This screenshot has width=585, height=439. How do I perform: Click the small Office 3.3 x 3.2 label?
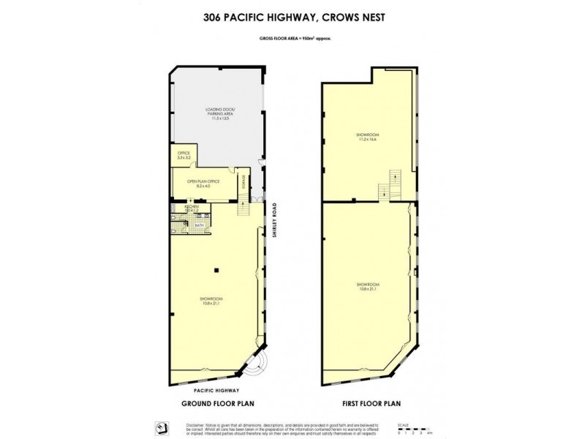(x=184, y=155)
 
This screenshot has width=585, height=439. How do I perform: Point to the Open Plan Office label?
(x=198, y=183)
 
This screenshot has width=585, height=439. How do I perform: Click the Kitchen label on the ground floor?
(x=192, y=209)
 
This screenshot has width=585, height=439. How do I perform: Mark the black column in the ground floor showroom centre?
(x=216, y=271)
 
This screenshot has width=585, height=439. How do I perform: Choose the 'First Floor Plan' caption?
(x=370, y=404)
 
